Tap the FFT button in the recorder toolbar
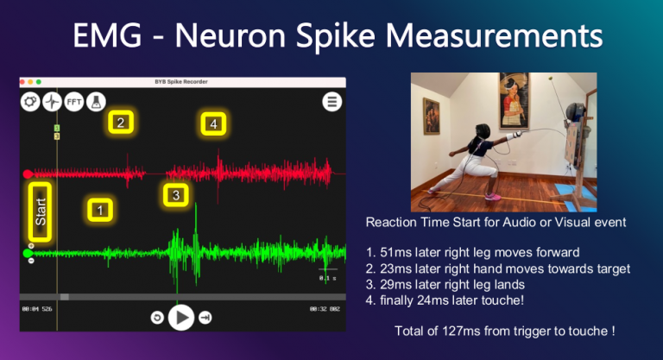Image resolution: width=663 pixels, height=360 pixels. (x=74, y=100)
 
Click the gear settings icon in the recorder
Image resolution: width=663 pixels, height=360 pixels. (x=30, y=100)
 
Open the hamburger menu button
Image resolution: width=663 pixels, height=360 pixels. (x=332, y=101)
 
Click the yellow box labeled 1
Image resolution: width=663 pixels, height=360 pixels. (x=100, y=209)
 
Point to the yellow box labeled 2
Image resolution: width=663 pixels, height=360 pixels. (x=121, y=123)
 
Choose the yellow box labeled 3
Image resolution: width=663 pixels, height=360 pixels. (x=176, y=195)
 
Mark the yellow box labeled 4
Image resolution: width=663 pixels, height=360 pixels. (x=213, y=124)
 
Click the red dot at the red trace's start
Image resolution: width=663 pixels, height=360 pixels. (x=28, y=174)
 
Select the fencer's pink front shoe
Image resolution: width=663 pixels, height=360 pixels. (x=493, y=196)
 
